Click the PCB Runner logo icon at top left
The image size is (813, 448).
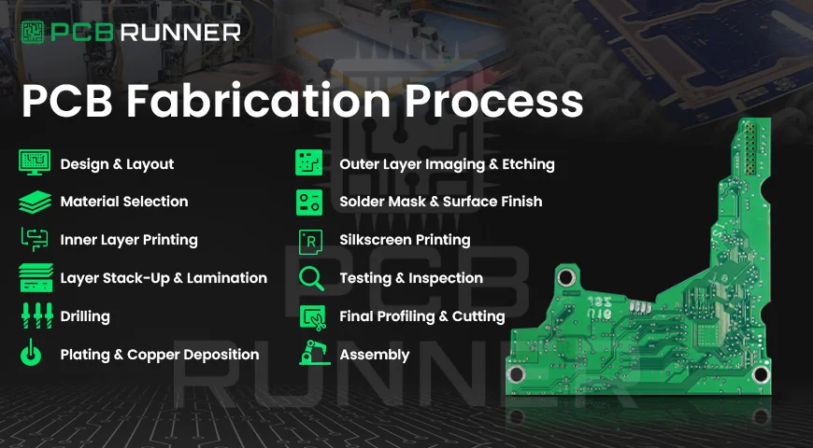coord(34,32)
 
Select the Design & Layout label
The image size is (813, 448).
coord(117,164)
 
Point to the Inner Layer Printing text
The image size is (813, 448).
coord(129,240)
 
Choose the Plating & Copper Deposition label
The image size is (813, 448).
coord(159,355)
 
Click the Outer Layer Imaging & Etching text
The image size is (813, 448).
coord(447,164)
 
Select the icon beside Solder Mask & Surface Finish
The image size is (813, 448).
coord(309,202)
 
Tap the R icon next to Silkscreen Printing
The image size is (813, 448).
coord(309,240)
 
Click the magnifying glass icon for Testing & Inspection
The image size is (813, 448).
coord(309,278)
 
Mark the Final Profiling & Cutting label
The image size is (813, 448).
coord(421,316)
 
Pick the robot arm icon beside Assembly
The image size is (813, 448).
coord(309,355)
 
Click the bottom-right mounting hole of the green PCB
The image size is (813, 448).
coord(761,374)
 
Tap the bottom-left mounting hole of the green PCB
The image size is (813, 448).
coord(517,374)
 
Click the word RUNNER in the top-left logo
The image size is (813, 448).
coord(193,33)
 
